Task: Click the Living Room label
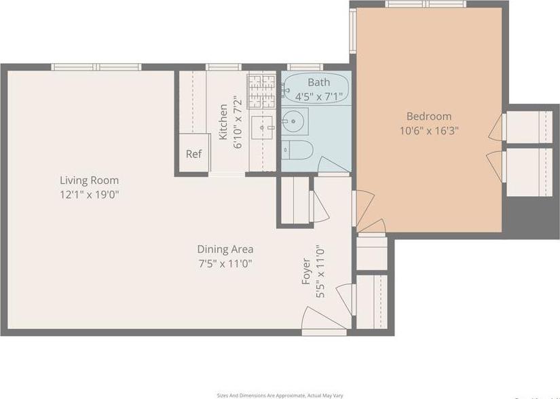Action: pyautogui.click(x=89, y=180)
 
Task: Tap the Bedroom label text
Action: pyautogui.click(x=428, y=116)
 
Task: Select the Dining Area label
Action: pyautogui.click(x=225, y=249)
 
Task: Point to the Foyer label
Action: pyautogui.click(x=306, y=272)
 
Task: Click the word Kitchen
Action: pyautogui.click(x=224, y=122)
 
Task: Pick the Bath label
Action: pyautogui.click(x=318, y=83)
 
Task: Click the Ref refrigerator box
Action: pyautogui.click(x=193, y=154)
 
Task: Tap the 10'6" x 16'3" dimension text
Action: pyautogui.click(x=429, y=130)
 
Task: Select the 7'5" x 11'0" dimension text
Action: pyautogui.click(x=225, y=263)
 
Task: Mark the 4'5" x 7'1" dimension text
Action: pyautogui.click(x=318, y=96)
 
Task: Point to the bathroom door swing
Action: pyautogui.click(x=333, y=166)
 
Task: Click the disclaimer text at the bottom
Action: pyautogui.click(x=280, y=395)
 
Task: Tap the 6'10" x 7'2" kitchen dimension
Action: pyautogui.click(x=238, y=122)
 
